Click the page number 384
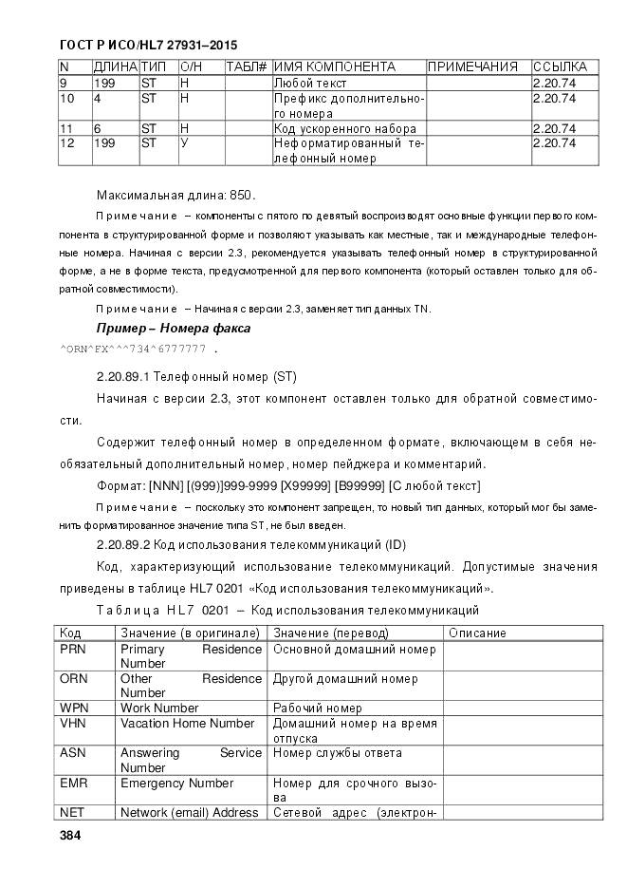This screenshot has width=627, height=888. pos(70,836)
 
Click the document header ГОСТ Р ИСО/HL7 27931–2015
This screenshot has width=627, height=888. pos(148,45)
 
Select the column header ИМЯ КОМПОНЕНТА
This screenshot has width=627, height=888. pos(334,67)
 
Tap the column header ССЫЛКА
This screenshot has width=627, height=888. pos(560,67)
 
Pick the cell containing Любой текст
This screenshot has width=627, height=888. pos(311,84)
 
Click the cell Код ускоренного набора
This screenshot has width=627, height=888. pos(345,128)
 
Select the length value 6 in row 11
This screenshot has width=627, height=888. pos(98,128)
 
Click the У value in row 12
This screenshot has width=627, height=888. pos(184,143)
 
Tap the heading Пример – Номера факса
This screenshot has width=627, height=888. pos(174,328)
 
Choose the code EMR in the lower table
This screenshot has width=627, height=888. pos(74,784)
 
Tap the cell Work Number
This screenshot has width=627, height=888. pos(159,709)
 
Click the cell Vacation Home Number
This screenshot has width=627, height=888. pos(187,724)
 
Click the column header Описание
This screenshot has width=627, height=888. pos(477,633)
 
